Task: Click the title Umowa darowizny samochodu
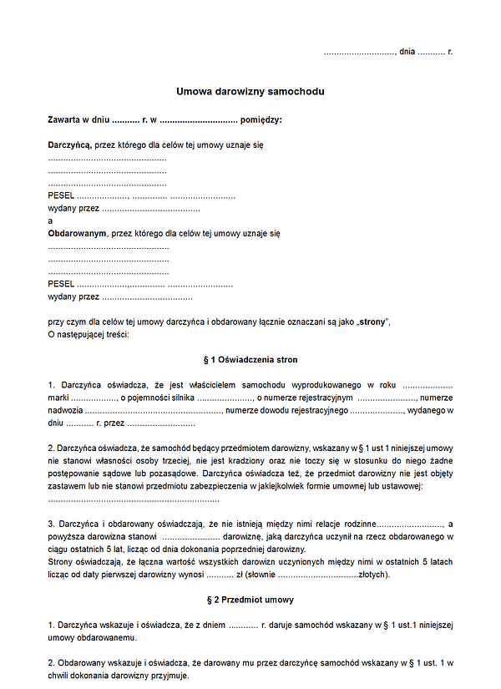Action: [250, 91]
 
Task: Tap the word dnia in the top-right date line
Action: [407, 52]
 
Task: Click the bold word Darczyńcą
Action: [69, 144]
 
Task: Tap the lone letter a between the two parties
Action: [50, 220]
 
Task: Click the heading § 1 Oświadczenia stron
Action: [250, 359]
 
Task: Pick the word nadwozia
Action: [64, 410]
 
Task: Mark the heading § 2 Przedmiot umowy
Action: [250, 600]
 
